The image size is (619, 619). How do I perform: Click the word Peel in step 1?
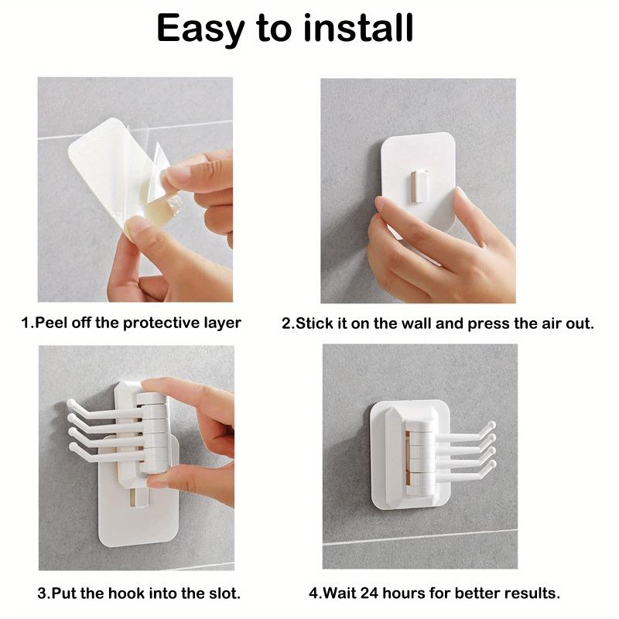pyautogui.click(x=48, y=323)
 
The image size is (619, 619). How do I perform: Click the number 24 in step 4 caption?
pyautogui.click(x=370, y=593)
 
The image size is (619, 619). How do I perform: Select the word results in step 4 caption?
pyautogui.click(x=531, y=593)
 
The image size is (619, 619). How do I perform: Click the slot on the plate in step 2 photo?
pyautogui.click(x=418, y=186)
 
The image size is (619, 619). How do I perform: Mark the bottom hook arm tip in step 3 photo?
pyautogui.click(x=74, y=448)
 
